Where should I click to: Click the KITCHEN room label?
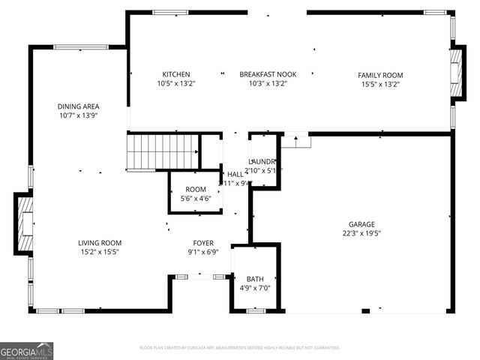(x=175, y=74)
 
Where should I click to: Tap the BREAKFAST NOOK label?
(x=268, y=74)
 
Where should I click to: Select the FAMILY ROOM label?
(x=380, y=75)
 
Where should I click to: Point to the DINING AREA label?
(x=79, y=106)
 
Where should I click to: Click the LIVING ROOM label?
(x=100, y=243)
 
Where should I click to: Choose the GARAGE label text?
(x=361, y=224)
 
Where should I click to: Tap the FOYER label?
(x=203, y=243)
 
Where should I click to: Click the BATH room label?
(x=255, y=278)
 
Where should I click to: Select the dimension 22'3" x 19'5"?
(x=361, y=233)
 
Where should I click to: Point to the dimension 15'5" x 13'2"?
(x=380, y=84)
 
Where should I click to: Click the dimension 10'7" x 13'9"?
(x=79, y=115)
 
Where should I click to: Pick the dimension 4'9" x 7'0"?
(x=255, y=287)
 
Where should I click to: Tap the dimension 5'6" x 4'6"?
(x=196, y=199)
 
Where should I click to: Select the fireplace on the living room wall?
(x=23, y=223)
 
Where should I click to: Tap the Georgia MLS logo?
(x=27, y=350)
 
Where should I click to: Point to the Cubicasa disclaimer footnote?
(x=240, y=348)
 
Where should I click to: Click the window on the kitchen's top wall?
(x=171, y=12)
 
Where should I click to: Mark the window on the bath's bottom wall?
(x=256, y=310)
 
